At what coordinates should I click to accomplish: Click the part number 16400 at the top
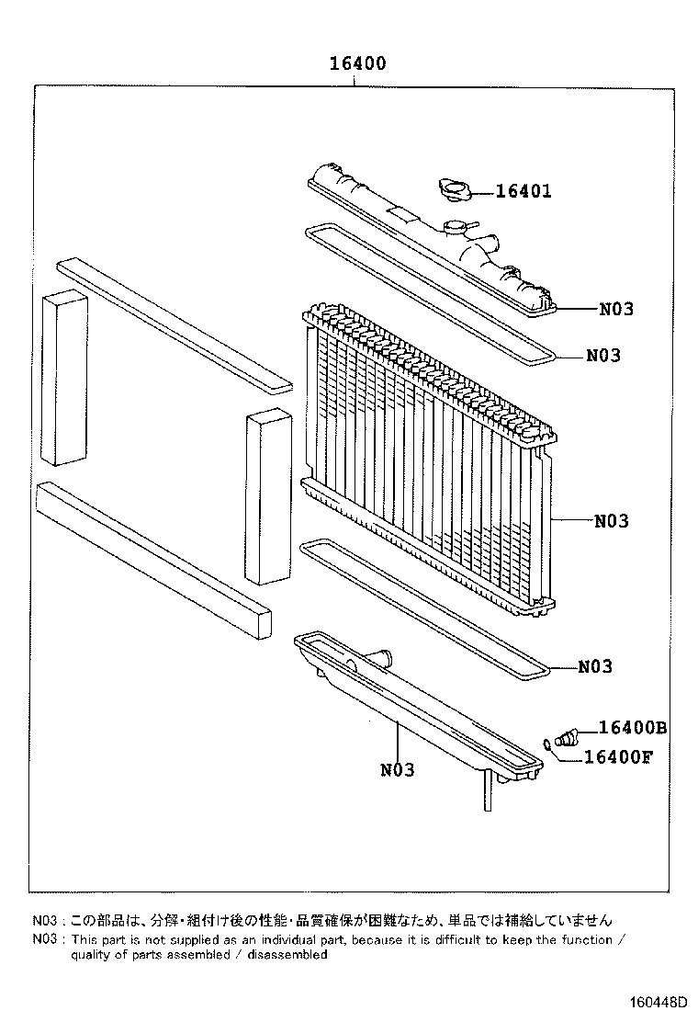tap(358, 63)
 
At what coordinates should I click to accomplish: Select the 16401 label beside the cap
tap(523, 191)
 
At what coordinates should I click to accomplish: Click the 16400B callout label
tap(632, 728)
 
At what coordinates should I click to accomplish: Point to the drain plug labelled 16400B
tap(566, 736)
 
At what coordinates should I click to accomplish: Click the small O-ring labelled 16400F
tap(547, 745)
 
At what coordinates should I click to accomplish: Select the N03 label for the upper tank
tap(616, 309)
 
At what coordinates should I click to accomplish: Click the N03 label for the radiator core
tap(611, 521)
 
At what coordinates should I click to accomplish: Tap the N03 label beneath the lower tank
tap(397, 770)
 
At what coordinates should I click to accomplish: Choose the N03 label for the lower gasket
tap(595, 667)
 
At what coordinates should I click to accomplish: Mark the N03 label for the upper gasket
tap(603, 355)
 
